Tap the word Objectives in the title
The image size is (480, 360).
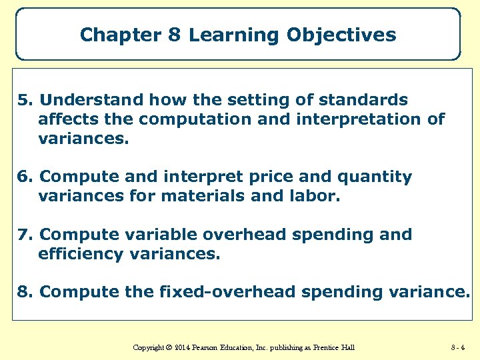pyautogui.click(x=341, y=35)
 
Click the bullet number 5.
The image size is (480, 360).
pyautogui.click(x=25, y=100)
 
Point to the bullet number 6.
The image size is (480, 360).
pyautogui.click(x=25, y=177)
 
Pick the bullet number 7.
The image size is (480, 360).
pyautogui.click(x=25, y=235)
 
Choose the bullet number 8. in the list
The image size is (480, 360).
pyautogui.click(x=25, y=292)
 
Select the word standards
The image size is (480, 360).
pyautogui.click(x=364, y=100)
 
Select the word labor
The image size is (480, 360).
pyautogui.click(x=315, y=197)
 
